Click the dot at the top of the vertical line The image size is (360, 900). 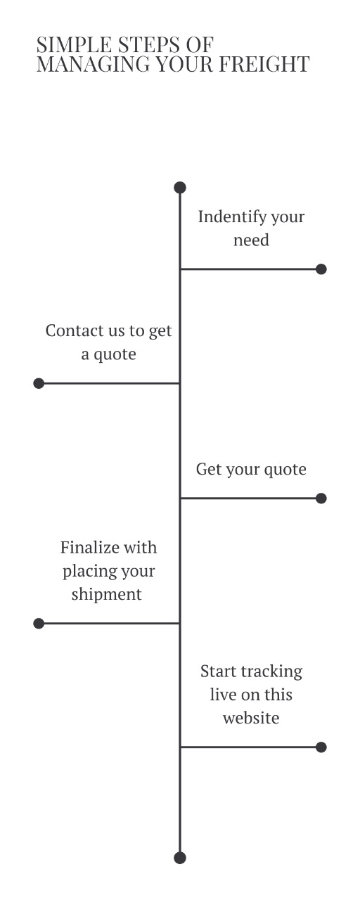point(180,187)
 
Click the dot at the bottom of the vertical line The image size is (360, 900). point(180,858)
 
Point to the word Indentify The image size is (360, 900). point(232,217)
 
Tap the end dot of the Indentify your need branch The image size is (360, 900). point(321,269)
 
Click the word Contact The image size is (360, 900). point(75,330)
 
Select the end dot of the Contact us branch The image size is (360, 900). point(39,383)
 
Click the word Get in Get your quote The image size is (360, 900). point(207,469)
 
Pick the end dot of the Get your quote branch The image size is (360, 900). point(321,499)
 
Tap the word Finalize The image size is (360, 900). point(86,547)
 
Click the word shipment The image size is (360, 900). point(106,595)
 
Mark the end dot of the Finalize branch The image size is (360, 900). point(39,623)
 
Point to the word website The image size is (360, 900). point(251,718)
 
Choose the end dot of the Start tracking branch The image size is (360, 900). point(321,747)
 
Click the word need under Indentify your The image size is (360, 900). point(251,240)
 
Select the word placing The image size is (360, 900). point(86,572)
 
